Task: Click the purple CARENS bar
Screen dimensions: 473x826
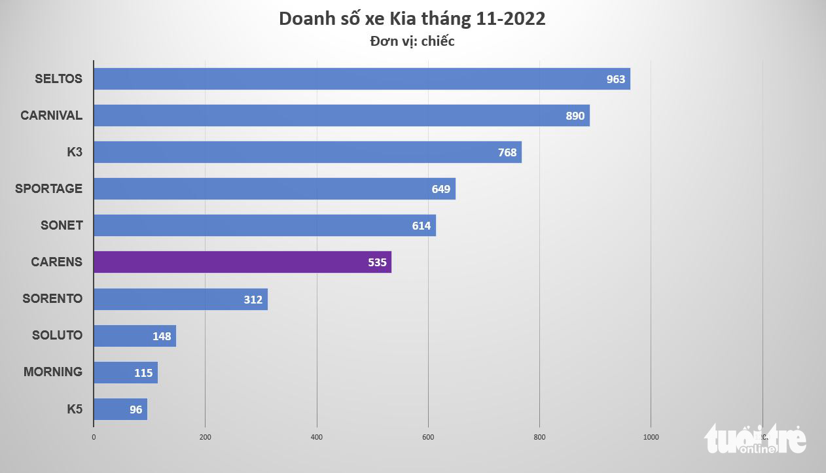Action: [x=242, y=262]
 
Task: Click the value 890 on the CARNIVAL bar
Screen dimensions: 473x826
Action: [x=575, y=116]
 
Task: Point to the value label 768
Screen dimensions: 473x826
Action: [x=507, y=152]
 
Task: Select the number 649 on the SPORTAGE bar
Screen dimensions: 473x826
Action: [x=440, y=189]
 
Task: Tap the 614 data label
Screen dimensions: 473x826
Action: [x=421, y=226]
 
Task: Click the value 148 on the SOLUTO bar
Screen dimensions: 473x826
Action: [x=161, y=336]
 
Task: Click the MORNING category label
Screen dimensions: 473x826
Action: [x=53, y=372]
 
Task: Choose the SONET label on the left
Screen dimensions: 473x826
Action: [x=62, y=225]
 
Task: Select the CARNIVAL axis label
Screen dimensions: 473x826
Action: [x=51, y=115]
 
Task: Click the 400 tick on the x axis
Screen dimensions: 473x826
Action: [x=317, y=437]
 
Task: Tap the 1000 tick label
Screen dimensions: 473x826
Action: [x=651, y=437]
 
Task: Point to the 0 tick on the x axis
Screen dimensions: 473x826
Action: [x=94, y=437]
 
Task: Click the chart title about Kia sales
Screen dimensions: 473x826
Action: [x=412, y=18]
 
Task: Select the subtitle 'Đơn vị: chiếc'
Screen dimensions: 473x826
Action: [x=412, y=41]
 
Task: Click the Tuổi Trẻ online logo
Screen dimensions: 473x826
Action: [x=755, y=438]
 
